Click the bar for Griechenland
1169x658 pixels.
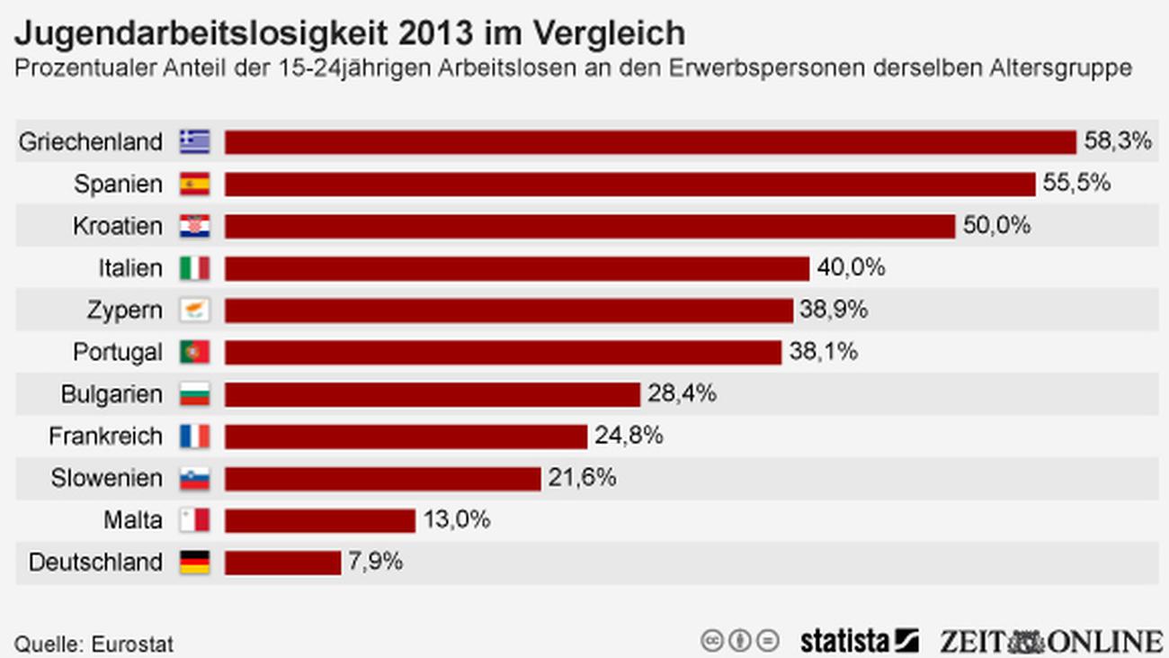click(x=650, y=142)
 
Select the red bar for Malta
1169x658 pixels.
click(x=320, y=520)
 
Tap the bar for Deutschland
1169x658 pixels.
click(x=282, y=563)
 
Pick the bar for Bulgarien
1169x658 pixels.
click(x=432, y=394)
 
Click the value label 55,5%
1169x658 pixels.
click(x=1076, y=184)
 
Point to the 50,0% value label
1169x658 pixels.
click(x=996, y=226)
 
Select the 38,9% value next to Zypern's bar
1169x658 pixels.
click(x=834, y=311)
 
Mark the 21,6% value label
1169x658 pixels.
click(x=583, y=478)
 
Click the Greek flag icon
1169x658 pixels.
click(x=194, y=142)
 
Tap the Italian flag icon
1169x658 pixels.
click(x=194, y=268)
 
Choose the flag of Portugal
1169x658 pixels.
click(x=194, y=352)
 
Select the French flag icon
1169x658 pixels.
click(x=194, y=437)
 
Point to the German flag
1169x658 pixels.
click(x=194, y=563)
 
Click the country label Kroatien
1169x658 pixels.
click(x=118, y=226)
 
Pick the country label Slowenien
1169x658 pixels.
click(x=107, y=478)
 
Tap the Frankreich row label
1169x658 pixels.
click(x=106, y=437)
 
